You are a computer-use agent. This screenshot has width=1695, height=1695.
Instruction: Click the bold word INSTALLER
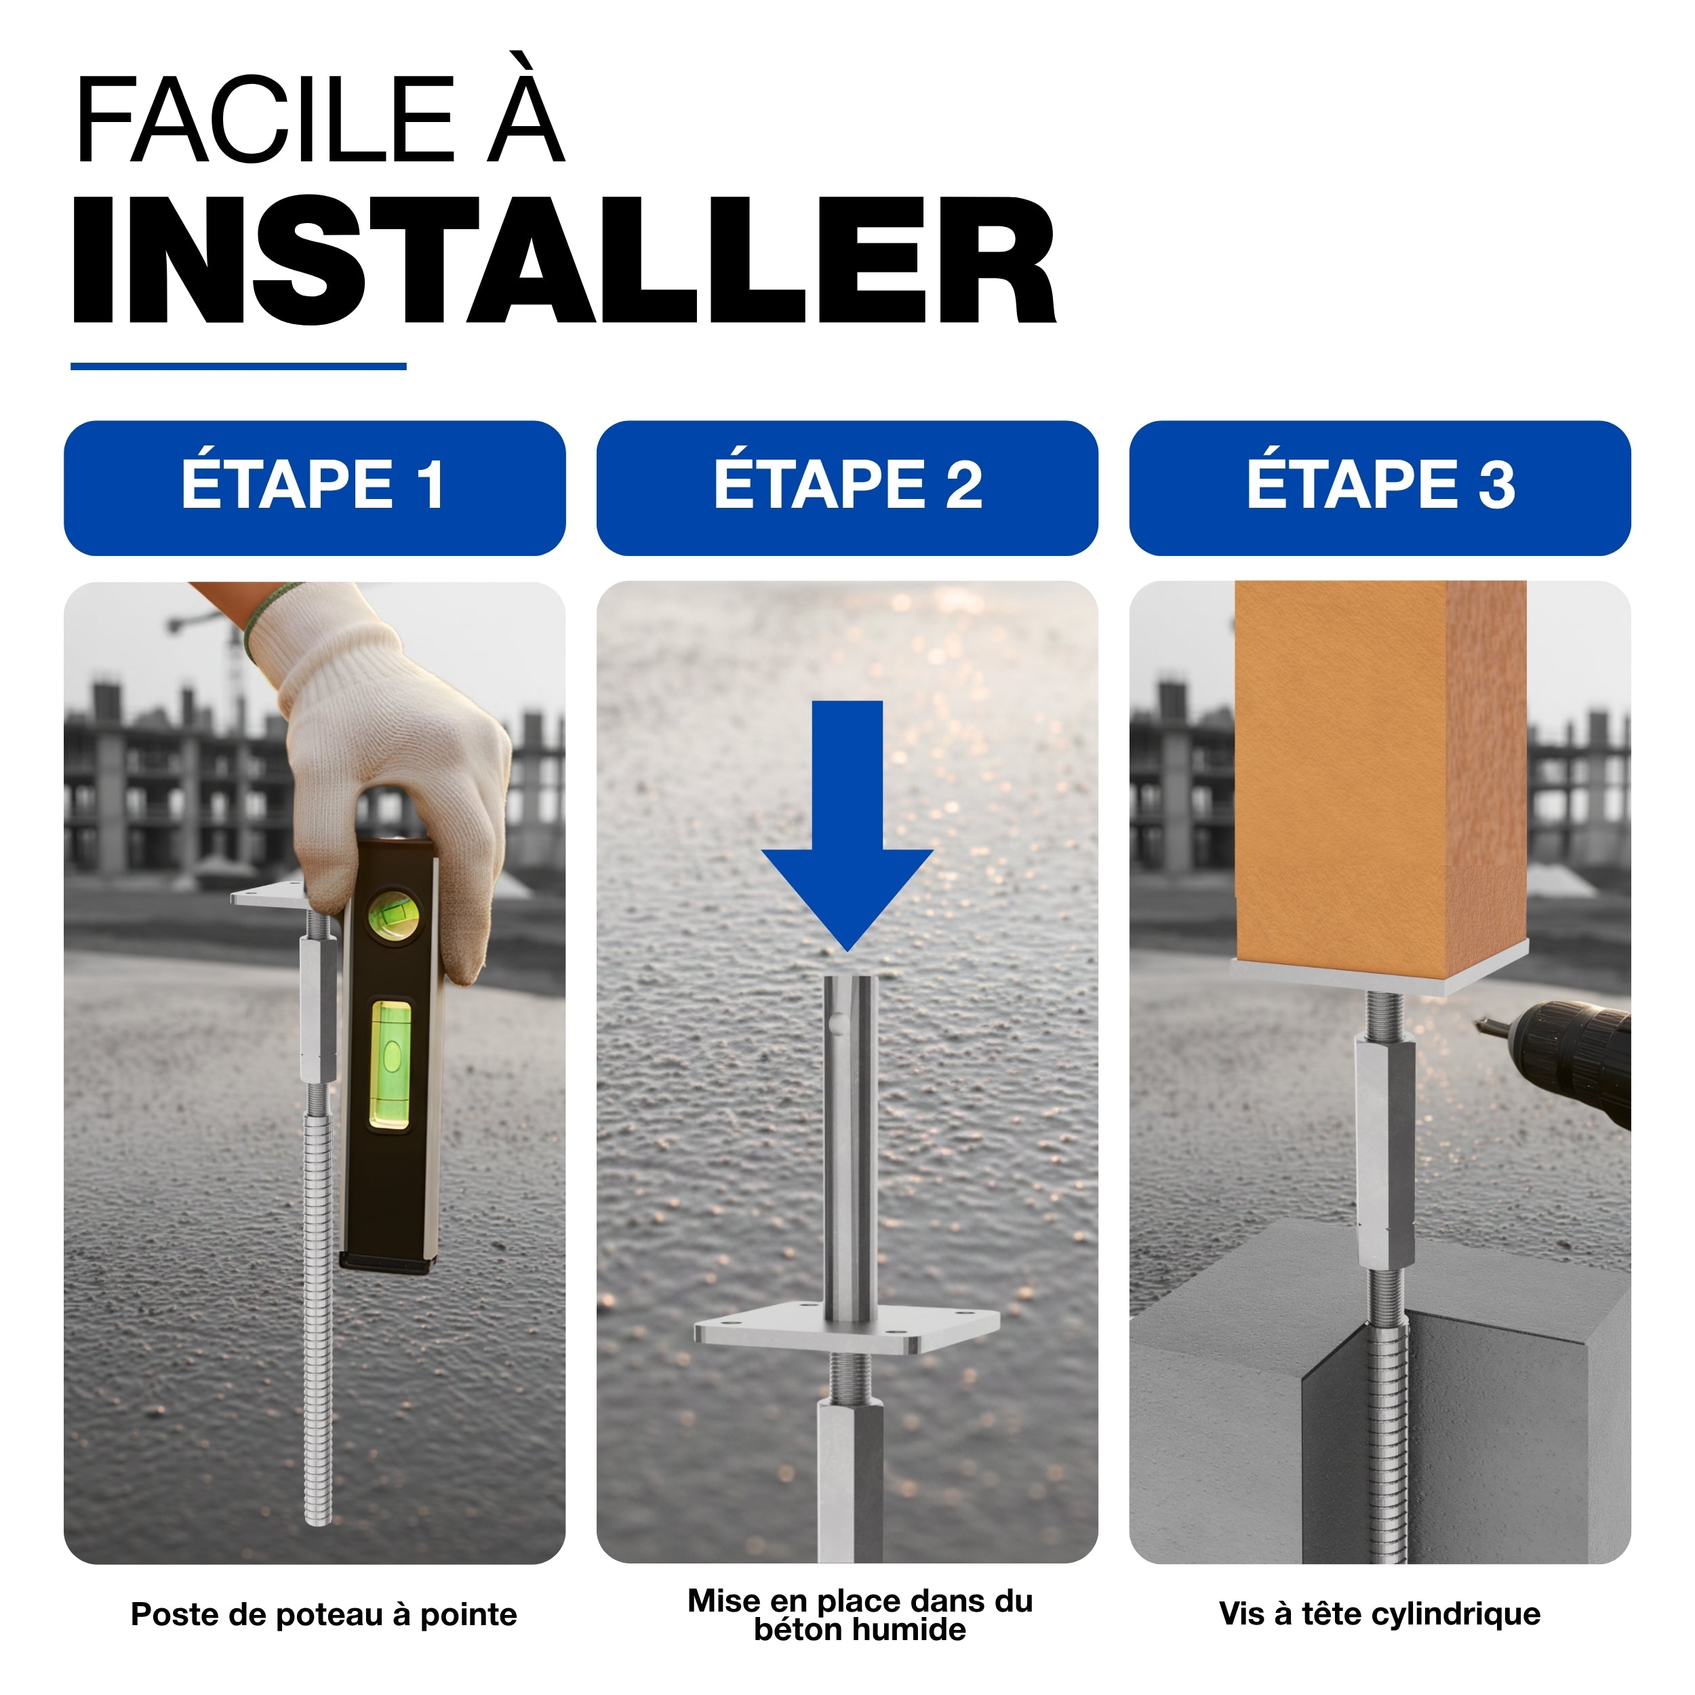[x=564, y=260]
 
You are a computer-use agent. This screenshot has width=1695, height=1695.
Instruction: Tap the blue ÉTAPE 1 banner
[x=314, y=487]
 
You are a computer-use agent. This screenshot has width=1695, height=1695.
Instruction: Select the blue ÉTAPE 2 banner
[x=847, y=487]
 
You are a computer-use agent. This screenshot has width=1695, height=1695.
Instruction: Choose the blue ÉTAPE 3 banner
[x=1379, y=487]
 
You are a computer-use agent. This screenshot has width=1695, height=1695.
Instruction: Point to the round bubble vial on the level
[x=393, y=915]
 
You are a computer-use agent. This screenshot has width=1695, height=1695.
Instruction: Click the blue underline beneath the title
[x=238, y=366]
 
